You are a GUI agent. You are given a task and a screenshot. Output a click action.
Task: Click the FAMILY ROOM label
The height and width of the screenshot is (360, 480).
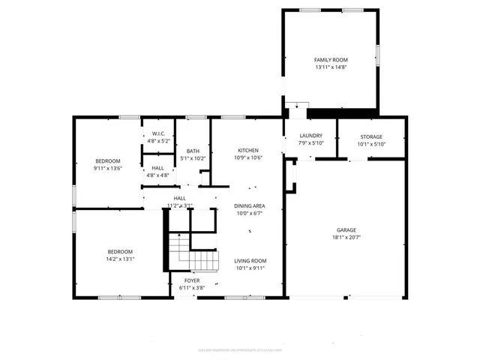[331, 59]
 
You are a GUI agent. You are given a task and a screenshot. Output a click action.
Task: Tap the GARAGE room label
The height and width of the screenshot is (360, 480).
[346, 229]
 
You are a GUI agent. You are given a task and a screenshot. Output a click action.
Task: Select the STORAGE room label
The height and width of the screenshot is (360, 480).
[370, 136]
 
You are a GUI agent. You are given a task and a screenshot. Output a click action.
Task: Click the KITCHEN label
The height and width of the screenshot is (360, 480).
[248, 149]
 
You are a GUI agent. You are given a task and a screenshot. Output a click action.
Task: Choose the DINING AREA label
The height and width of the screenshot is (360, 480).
[248, 205]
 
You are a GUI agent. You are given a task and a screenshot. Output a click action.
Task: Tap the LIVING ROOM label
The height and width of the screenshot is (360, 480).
[250, 262]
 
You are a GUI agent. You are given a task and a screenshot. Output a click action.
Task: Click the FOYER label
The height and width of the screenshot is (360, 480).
[192, 280]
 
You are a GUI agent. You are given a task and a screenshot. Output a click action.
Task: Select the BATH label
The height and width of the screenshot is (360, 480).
[193, 151]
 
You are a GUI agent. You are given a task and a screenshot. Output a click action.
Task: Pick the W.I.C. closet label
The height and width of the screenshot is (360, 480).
[158, 133]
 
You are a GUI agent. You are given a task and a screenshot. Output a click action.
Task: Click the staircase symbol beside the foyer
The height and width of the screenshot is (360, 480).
[193, 253]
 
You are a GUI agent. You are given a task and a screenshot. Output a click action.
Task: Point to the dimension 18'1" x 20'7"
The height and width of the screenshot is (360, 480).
[346, 237]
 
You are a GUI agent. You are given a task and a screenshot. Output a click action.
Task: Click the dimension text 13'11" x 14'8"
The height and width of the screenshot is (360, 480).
[331, 67]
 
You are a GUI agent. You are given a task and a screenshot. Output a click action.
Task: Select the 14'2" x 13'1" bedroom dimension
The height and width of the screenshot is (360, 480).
[120, 259]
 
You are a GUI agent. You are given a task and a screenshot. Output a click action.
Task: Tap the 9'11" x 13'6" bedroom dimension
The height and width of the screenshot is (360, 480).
[108, 169]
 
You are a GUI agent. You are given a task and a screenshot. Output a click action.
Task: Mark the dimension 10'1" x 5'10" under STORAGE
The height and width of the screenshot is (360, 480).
[370, 144]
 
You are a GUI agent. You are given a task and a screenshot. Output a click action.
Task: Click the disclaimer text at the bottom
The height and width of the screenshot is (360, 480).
[239, 349]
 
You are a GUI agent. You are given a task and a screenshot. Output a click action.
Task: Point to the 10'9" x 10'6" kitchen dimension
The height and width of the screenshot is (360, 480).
[248, 157]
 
